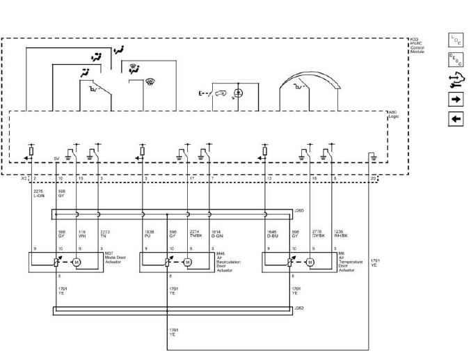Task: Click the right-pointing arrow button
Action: pos(456,100)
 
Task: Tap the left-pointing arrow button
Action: pos(456,119)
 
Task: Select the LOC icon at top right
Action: pos(456,41)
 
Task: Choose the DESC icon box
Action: pos(456,61)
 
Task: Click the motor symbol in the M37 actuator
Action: pos(77,263)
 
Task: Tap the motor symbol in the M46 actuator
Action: pos(188,263)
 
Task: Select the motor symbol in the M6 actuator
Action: pos(310,263)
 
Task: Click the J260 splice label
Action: pos(299,210)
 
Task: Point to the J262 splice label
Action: pos(299,307)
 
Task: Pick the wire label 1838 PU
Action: pos(149,234)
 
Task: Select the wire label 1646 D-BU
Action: pos(272,234)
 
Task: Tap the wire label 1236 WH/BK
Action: pos(339,234)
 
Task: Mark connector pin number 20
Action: pos(373,179)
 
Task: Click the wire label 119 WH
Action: pos(81,234)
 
